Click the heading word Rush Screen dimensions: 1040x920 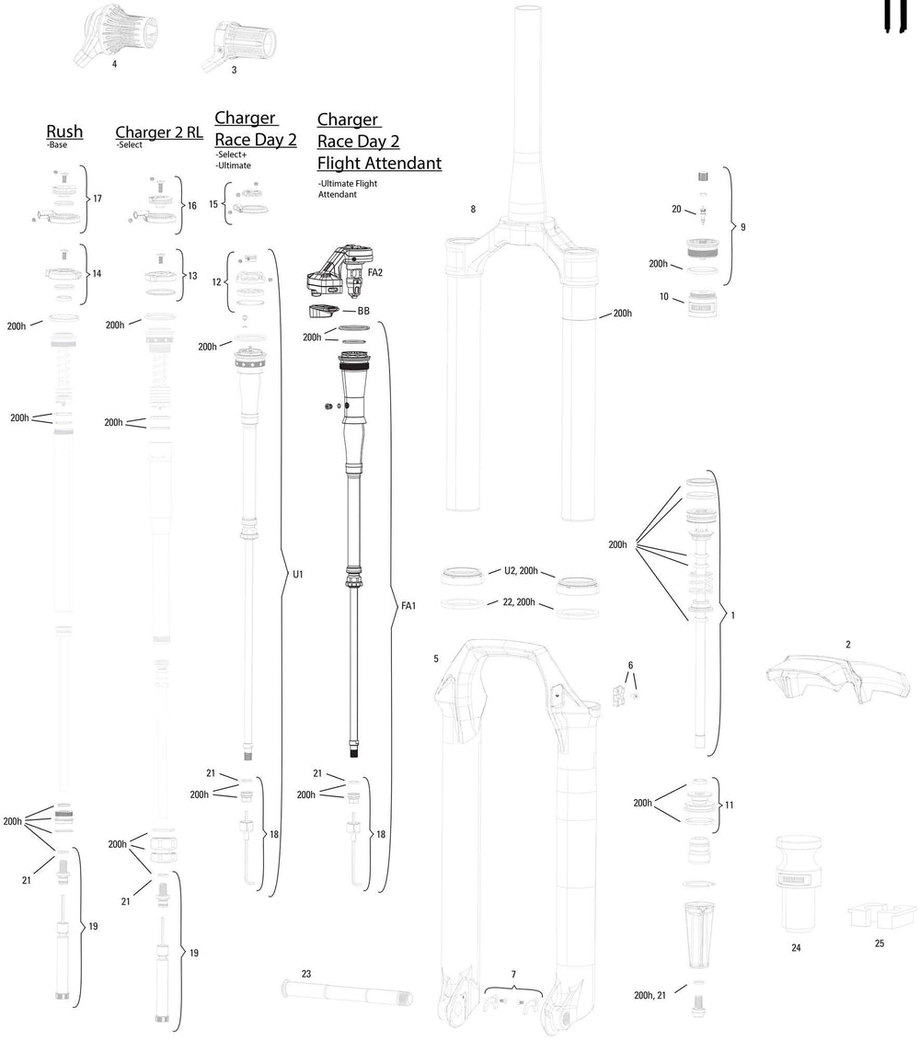coord(64,131)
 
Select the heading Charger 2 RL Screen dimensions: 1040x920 coord(159,131)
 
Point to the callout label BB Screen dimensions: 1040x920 coord(363,311)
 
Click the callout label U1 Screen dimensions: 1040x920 coord(297,574)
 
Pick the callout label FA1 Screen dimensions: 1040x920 coord(408,606)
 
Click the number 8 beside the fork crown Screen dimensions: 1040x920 coord(473,209)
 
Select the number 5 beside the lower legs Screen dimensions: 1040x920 coord(436,658)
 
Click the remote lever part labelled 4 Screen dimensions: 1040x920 coord(111,32)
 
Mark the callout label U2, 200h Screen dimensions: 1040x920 coord(520,571)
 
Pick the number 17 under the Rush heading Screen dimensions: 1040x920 coord(97,198)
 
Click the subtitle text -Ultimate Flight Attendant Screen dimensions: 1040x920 coord(348,189)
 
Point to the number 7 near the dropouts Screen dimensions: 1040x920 coord(513,973)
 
